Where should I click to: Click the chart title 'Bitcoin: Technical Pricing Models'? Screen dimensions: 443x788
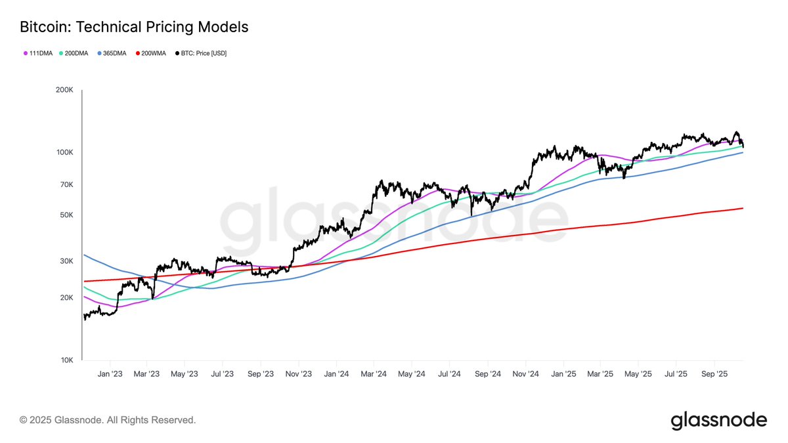coord(134,27)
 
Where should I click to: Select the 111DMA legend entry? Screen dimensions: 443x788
coord(37,53)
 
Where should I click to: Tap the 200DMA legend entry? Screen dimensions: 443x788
coord(77,53)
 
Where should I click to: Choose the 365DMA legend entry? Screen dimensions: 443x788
coord(115,53)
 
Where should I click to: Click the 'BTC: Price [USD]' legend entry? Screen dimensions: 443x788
coord(200,53)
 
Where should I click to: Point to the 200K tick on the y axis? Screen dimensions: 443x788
coord(64,91)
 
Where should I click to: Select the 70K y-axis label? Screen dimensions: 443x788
coord(66,185)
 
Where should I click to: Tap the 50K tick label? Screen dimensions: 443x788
coord(66,215)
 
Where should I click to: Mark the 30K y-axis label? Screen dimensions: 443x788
coord(66,261)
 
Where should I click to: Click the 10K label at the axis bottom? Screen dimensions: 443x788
coord(66,360)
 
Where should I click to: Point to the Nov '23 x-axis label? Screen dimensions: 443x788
coord(298,373)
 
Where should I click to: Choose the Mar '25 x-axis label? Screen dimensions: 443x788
coord(600,373)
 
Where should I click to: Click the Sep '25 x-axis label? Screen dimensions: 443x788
coord(714,373)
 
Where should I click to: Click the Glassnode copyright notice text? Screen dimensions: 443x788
coord(108,419)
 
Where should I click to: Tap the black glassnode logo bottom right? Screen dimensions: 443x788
coord(718,420)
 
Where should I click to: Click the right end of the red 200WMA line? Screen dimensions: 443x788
coord(741,209)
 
